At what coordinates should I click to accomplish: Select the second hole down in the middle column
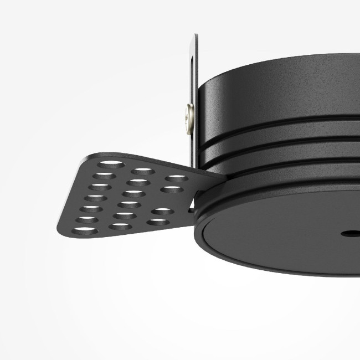(x=137, y=182)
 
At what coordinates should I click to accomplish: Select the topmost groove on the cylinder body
(x=277, y=133)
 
